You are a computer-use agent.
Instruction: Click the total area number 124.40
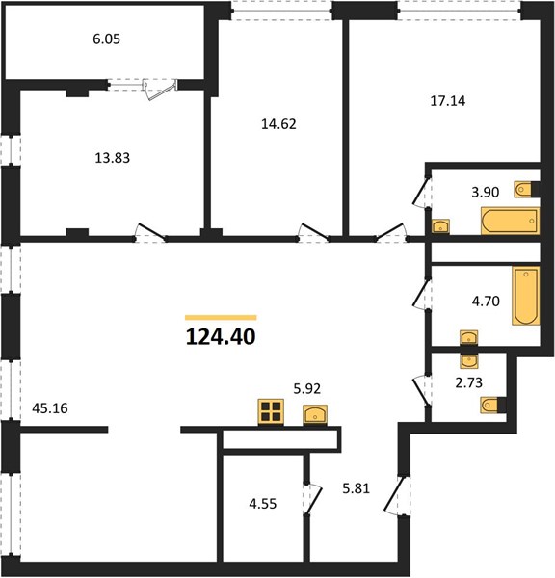221,337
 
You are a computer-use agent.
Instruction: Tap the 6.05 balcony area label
107,39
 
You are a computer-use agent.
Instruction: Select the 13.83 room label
113,158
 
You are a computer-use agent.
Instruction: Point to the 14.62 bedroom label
278,124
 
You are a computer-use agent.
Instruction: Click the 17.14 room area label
448,100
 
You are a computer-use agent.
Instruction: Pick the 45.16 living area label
50,408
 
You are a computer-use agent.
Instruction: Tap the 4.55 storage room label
262,504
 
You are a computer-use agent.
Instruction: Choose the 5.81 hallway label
356,488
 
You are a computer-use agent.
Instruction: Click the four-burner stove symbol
271,411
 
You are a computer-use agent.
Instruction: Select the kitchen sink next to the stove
315,415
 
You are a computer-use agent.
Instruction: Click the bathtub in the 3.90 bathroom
510,221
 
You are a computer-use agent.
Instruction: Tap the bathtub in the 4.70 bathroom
526,296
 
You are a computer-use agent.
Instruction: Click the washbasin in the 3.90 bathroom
441,226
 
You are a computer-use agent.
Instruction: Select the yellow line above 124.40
221,317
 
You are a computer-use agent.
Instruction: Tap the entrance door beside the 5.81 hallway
395,495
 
